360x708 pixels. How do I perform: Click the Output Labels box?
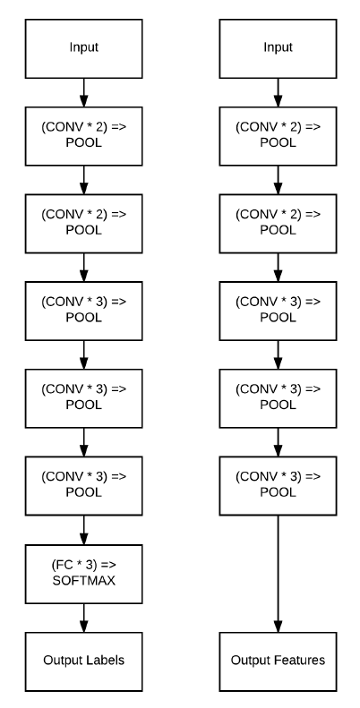[x=83, y=661]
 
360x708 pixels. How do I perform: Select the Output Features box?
[x=278, y=661]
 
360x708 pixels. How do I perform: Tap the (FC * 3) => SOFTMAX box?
[x=83, y=574]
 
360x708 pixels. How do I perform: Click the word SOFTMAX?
[x=84, y=581]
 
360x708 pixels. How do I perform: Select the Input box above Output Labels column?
[x=83, y=48]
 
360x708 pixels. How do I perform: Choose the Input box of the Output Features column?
[x=278, y=48]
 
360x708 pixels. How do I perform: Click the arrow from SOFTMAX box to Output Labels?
[x=83, y=618]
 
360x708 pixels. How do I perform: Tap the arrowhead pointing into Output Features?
[x=278, y=627]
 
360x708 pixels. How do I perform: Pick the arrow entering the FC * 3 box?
[x=83, y=530]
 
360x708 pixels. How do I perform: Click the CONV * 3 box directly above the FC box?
[x=83, y=486]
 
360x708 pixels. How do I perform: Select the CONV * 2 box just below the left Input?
[x=83, y=136]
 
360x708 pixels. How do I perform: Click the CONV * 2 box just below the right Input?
[x=278, y=136]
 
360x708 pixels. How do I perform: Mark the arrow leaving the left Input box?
[x=83, y=92]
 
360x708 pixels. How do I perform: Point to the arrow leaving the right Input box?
[x=278, y=92]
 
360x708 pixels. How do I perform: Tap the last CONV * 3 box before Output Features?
[x=278, y=486]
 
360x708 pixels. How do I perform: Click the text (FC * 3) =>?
[x=84, y=565]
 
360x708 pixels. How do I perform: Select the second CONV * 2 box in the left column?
[x=83, y=224]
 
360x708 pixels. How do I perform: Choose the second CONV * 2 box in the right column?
[x=278, y=224]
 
